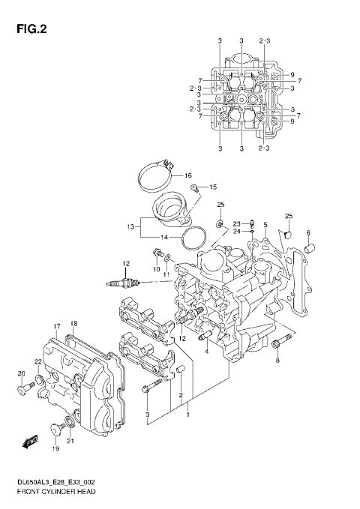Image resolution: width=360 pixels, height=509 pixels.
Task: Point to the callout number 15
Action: tap(212, 187)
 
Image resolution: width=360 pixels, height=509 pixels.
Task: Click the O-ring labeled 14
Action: tap(196, 239)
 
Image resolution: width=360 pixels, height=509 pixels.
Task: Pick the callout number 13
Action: tap(130, 225)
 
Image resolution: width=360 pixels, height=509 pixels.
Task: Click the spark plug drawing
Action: tap(126, 283)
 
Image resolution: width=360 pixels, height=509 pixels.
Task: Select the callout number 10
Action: tap(157, 268)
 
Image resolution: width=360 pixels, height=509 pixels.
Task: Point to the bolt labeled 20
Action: tap(25, 389)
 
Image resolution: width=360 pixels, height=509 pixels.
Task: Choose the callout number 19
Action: tap(55, 449)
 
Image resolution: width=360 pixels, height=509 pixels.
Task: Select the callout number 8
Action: tap(277, 361)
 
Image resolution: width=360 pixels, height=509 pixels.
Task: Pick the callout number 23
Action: tap(235, 223)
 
